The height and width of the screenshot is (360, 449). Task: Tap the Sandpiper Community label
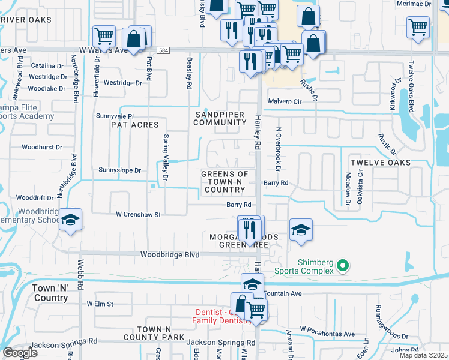point(220,118)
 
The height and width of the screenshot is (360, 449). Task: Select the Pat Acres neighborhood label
point(134,125)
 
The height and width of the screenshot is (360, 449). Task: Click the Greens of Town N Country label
point(224,182)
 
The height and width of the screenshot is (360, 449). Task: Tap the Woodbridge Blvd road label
point(169,254)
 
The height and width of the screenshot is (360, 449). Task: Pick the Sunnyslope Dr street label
point(119,170)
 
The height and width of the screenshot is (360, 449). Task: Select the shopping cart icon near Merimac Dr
point(418,26)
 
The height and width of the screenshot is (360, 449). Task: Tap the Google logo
point(20,353)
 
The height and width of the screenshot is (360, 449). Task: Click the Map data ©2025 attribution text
point(423,355)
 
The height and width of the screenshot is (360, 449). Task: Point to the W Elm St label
point(100,304)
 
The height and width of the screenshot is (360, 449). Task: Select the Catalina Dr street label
point(47,65)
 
